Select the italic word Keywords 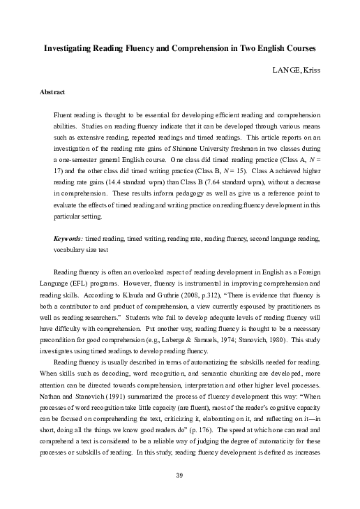click(x=67, y=237)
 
